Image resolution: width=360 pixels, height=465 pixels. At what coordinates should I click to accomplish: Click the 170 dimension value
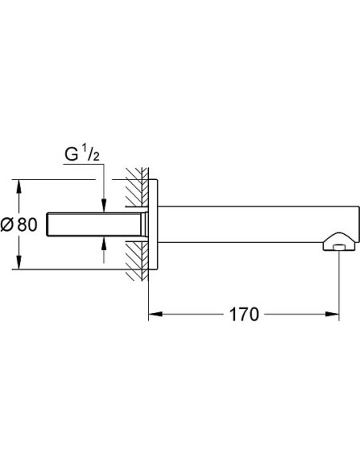click(x=244, y=314)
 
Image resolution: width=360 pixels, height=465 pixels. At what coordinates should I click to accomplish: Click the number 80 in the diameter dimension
click(x=27, y=225)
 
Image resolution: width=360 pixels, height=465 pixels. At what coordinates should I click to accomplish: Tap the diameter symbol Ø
click(x=7, y=225)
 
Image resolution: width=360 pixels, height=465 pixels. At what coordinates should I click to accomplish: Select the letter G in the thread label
click(x=72, y=154)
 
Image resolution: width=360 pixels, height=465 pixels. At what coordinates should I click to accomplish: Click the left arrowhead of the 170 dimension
click(x=155, y=314)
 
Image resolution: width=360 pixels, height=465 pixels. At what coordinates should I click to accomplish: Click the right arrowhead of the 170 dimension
click(x=332, y=314)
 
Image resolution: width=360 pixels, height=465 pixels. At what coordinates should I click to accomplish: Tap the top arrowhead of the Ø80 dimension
click(x=19, y=186)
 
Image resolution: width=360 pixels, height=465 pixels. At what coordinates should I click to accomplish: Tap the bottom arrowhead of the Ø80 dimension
click(x=19, y=263)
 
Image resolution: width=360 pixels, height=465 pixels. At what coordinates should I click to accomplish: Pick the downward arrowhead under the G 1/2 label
click(x=104, y=205)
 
